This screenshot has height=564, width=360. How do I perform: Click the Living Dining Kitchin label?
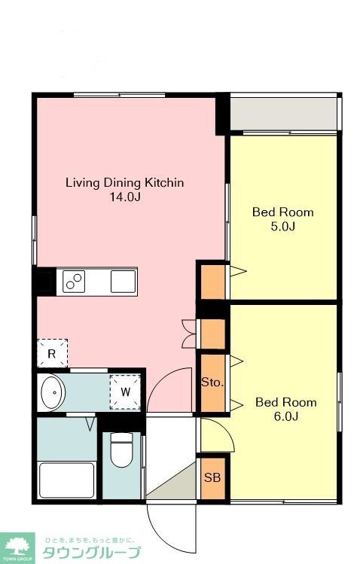click(x=124, y=182)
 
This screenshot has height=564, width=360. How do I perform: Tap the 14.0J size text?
click(x=125, y=197)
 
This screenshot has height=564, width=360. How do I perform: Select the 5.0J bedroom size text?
click(x=283, y=227)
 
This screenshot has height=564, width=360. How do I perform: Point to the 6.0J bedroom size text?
click(x=286, y=416)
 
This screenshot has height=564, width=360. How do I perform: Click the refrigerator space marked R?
click(x=53, y=353)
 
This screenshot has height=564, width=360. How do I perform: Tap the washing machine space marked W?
click(x=125, y=392)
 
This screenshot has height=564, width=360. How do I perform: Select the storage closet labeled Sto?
click(x=212, y=383)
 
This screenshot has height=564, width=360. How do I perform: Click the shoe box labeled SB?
click(x=212, y=478)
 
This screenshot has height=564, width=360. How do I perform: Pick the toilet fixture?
click(x=121, y=450)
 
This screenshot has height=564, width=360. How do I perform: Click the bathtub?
click(x=67, y=480)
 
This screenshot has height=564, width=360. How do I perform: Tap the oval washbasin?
click(x=53, y=392)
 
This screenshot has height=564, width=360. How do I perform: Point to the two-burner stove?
click(x=74, y=282)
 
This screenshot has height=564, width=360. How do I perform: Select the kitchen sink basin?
click(x=123, y=282)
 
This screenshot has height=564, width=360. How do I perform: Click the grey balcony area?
click(x=283, y=114)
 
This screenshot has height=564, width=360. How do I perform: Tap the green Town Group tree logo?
click(x=17, y=548)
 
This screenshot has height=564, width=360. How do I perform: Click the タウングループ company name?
click(x=92, y=553)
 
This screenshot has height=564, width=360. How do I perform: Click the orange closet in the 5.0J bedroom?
click(x=212, y=282)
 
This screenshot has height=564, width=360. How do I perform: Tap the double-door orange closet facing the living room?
click(x=212, y=334)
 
